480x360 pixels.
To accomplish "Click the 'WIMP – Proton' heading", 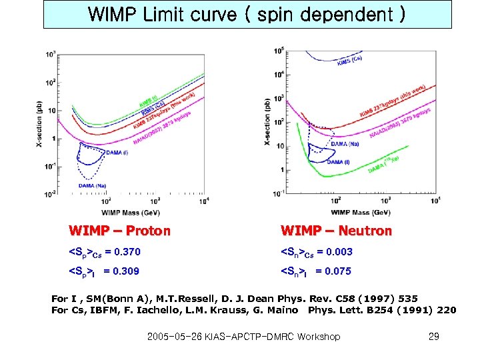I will coord(120,231).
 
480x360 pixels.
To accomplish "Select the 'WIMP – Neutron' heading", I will coord(336,231).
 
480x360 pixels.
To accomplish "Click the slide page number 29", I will coord(433,337).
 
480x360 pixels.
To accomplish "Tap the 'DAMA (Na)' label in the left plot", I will coord(91,185).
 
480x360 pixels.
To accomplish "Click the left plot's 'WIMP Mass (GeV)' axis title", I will coord(131,213).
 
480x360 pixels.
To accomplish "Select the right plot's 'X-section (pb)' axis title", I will coord(267,123).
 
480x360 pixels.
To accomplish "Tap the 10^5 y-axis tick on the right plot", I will coord(278,50).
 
